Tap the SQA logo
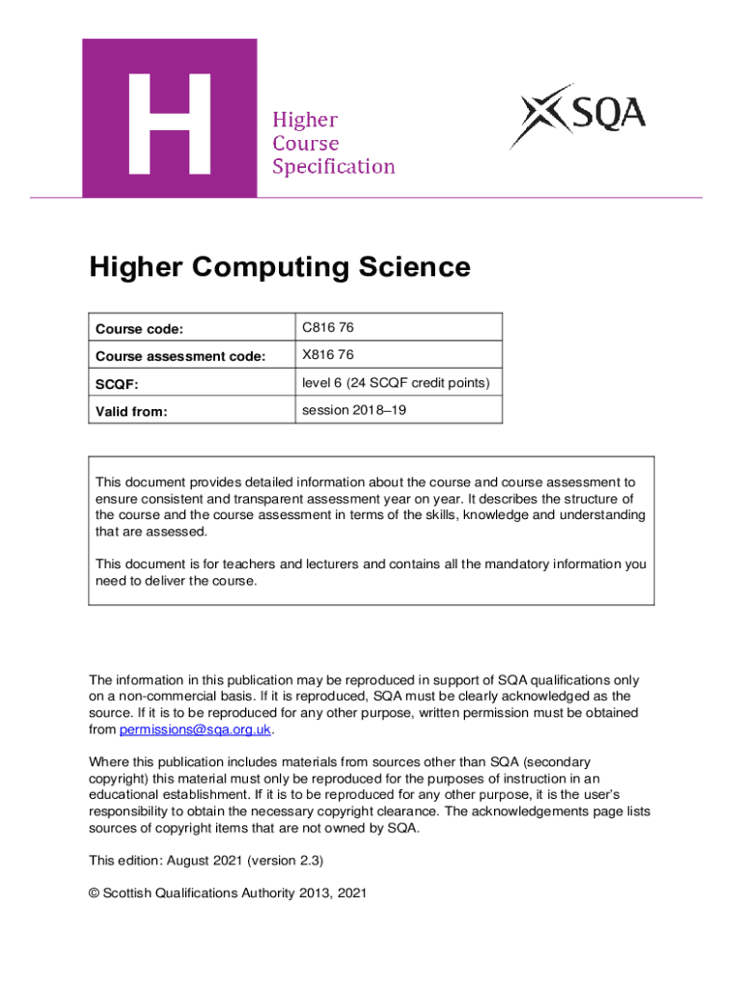tap(578, 117)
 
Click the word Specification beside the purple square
tap(333, 167)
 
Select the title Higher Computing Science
tap(280, 266)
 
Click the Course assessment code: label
tap(179, 357)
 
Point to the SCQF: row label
tap(117, 384)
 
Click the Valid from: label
tap(130, 412)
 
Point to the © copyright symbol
tap(95, 893)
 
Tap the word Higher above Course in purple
tap(305, 121)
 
